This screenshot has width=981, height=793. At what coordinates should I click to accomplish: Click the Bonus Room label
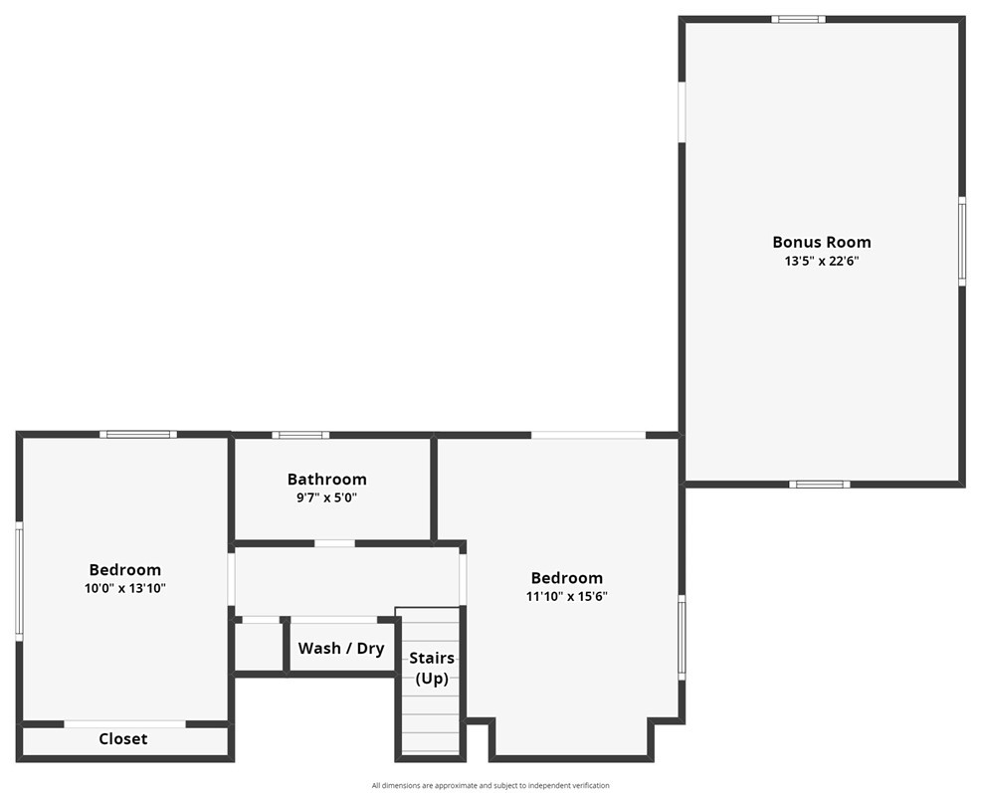point(821,242)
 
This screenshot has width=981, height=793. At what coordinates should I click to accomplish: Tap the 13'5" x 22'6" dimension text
point(821,262)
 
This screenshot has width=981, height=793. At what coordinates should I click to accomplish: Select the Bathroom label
point(326,480)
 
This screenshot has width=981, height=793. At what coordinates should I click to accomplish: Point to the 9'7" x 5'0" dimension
point(326,497)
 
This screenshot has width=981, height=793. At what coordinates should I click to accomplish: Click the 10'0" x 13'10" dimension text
point(124,588)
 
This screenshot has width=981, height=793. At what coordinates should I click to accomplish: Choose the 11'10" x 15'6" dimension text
point(566,597)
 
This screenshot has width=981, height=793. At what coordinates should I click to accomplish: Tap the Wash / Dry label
point(341,649)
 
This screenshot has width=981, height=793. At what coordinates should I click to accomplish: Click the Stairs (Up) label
point(432,669)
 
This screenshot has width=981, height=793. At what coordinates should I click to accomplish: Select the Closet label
point(123,739)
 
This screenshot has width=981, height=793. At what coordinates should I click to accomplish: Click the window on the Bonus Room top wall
point(798,19)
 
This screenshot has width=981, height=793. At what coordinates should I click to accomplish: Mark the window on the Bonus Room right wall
point(962,241)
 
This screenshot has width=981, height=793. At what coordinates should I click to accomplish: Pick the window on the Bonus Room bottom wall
point(820,485)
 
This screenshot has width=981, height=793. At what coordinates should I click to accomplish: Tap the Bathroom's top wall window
point(300,435)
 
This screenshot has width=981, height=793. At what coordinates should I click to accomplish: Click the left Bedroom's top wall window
point(138,434)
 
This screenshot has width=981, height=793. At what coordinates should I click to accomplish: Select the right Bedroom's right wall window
point(682,637)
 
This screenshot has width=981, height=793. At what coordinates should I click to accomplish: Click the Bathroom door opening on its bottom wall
point(334,543)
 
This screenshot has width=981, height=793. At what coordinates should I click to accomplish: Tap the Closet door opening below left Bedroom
point(125,724)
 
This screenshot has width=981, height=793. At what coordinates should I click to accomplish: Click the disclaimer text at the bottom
point(490,785)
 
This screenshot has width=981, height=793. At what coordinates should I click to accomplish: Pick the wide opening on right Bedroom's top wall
point(588,435)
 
